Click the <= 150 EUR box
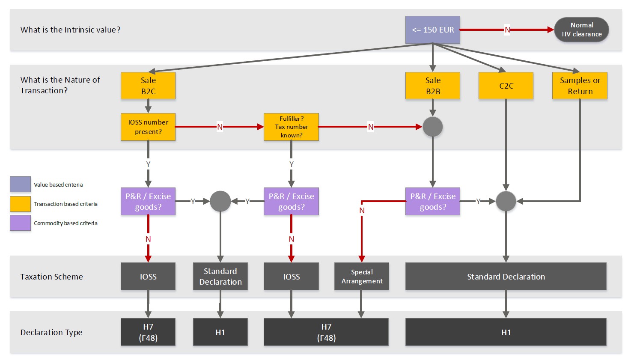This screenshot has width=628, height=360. [432, 30]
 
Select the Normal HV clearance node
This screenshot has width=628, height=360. [581, 30]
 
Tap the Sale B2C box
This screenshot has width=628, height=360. [148, 86]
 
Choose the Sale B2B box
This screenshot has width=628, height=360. [432, 86]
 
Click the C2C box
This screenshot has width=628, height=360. [506, 86]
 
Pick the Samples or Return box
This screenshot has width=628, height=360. [580, 86]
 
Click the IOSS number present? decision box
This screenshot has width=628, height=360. [148, 127]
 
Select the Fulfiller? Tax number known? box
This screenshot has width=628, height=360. [291, 127]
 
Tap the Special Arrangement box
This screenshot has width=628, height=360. [362, 277]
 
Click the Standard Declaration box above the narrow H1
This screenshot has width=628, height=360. [220, 277]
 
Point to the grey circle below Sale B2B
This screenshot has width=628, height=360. [432, 127]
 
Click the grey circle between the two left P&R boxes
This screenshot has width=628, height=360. [220, 201]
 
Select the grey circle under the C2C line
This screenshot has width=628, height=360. [506, 201]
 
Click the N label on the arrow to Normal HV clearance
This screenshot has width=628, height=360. [507, 30]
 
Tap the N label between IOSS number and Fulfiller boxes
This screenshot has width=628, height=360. [220, 127]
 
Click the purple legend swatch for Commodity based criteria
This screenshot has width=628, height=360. [20, 223]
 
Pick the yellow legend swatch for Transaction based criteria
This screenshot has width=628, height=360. [20, 204]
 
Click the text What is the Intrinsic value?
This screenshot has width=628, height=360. [70, 30]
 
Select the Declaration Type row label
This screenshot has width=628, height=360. [51, 332]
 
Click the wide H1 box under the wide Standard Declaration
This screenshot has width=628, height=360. [506, 332]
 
